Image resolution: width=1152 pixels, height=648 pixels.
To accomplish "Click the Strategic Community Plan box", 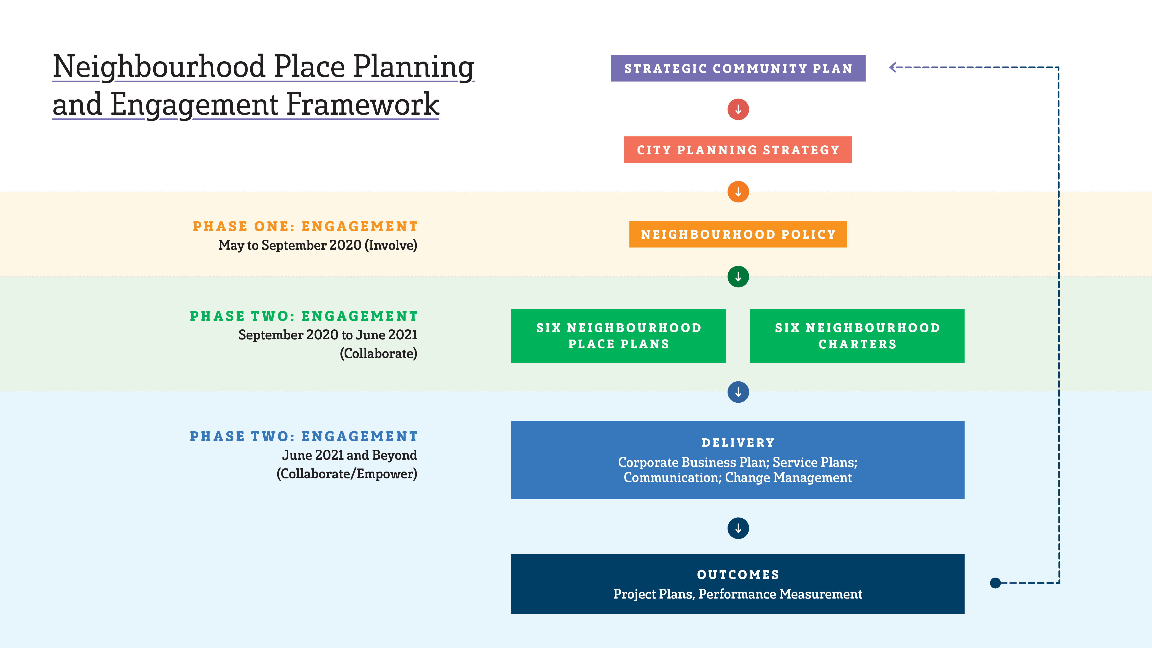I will click(x=738, y=68).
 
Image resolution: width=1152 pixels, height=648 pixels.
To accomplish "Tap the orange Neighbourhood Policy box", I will click(x=738, y=234).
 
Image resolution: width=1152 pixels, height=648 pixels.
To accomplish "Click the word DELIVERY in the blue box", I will click(x=738, y=443).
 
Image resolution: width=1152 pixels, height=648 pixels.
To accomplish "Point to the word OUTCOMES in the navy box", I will click(x=738, y=575).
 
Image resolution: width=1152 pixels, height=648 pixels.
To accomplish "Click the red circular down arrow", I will click(x=738, y=110).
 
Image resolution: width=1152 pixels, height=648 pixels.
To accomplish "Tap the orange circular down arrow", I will click(x=738, y=192).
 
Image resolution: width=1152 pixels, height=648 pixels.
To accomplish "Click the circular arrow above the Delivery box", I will click(x=738, y=392).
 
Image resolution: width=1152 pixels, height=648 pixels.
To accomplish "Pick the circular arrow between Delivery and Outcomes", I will click(x=738, y=528).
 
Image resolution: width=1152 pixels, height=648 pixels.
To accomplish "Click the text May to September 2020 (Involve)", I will click(x=318, y=245).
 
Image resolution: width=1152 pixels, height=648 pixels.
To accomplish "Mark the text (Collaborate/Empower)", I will click(x=346, y=474).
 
